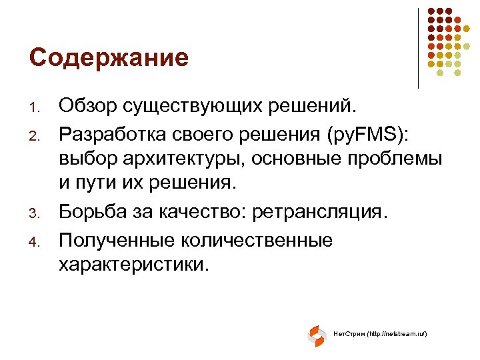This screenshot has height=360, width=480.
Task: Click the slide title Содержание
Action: [109, 58]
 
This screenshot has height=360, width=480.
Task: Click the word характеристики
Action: [133, 265]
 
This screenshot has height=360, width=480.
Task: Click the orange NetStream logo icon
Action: [316, 335]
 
